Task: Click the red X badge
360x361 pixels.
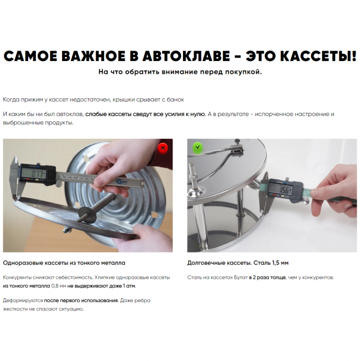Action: (x=163, y=148)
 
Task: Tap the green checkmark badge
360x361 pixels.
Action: (x=197, y=147)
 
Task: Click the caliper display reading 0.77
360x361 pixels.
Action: (x=35, y=173)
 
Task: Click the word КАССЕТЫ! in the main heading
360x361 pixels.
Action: (x=301, y=57)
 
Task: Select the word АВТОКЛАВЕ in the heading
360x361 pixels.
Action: (x=186, y=57)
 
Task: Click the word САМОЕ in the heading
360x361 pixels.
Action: (x=31, y=57)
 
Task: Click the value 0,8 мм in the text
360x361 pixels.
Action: (x=59, y=286)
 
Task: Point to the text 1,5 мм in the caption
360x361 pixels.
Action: (x=281, y=263)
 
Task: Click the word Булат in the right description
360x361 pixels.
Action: (x=241, y=278)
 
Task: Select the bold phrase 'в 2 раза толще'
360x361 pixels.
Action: (x=267, y=278)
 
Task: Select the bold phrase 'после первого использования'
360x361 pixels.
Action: (x=81, y=300)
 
